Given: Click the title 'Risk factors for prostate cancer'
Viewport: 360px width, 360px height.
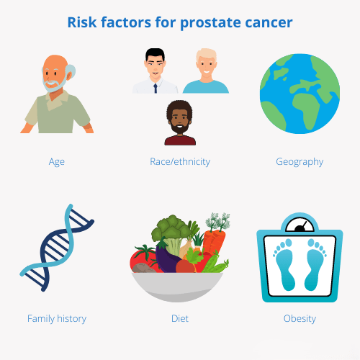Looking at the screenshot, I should (180, 22).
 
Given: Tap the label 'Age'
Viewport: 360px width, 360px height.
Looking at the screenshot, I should (57, 161).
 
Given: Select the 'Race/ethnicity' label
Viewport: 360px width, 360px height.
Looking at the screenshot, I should (180, 161).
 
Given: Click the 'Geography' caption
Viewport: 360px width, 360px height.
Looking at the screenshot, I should (300, 161).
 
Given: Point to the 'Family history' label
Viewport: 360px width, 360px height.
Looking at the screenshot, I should (57, 318).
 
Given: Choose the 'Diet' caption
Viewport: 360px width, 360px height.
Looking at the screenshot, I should (180, 318).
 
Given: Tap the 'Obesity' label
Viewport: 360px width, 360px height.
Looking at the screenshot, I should (300, 318).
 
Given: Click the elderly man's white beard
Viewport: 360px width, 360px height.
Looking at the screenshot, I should (53, 85).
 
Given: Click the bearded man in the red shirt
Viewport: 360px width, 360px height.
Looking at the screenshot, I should (180, 124).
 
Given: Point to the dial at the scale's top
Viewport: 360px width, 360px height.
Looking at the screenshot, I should (299, 223).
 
